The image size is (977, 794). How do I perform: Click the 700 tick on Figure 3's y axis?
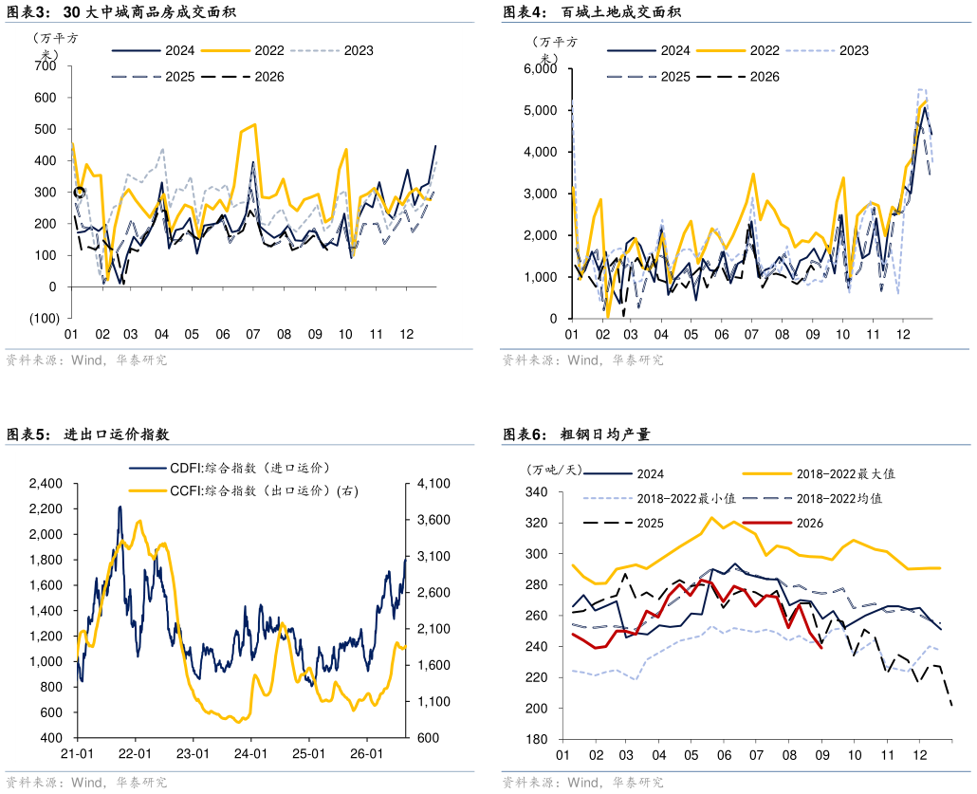point(45,66)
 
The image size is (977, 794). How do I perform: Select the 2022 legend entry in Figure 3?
point(243,50)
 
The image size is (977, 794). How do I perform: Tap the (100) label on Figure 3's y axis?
point(45,318)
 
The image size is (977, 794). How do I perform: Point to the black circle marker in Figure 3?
point(79,192)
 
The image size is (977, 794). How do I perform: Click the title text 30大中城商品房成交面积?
point(150,11)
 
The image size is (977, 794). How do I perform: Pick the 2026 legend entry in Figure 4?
point(738,77)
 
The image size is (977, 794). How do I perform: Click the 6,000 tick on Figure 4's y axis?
point(541,68)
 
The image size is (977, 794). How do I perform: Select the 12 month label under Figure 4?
point(903,334)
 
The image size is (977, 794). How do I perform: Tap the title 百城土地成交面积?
point(621,11)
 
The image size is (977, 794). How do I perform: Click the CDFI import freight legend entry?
point(230,468)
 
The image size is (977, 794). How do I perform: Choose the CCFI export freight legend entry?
point(244,490)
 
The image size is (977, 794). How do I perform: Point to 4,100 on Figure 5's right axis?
point(433,484)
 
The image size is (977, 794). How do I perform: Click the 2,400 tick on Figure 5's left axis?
point(46,484)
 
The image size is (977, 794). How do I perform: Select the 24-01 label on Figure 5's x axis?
point(250,753)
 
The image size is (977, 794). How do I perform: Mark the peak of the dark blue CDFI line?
point(120,507)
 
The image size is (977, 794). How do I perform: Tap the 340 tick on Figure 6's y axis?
point(537,492)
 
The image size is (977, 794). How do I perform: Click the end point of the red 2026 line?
point(821,648)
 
